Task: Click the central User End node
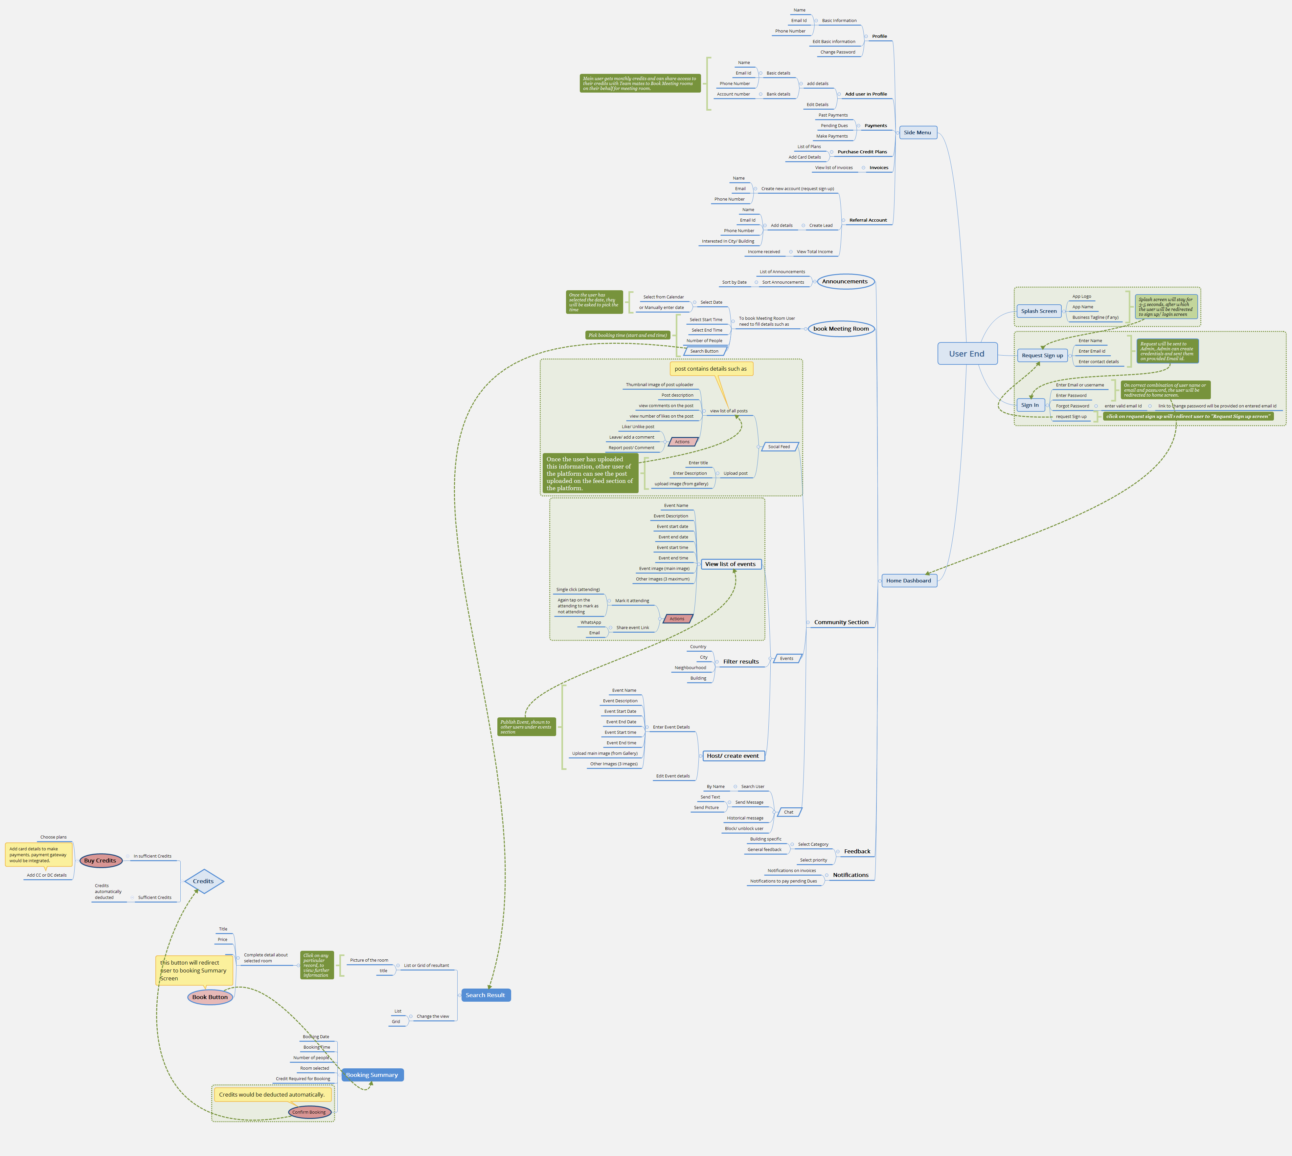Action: coord(966,354)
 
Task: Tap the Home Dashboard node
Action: coord(908,580)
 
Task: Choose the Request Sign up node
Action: coord(1042,356)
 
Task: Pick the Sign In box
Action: coord(1030,405)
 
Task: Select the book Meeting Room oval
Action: coord(841,329)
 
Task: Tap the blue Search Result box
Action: coord(485,995)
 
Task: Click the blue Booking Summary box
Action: coord(372,1075)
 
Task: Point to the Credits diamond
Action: coord(203,882)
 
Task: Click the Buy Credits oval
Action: coord(101,861)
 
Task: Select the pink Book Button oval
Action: coord(210,997)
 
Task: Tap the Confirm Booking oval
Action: coord(309,1112)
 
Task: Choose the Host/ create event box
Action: coord(733,756)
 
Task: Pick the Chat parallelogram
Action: coord(789,812)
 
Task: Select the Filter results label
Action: coord(740,662)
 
